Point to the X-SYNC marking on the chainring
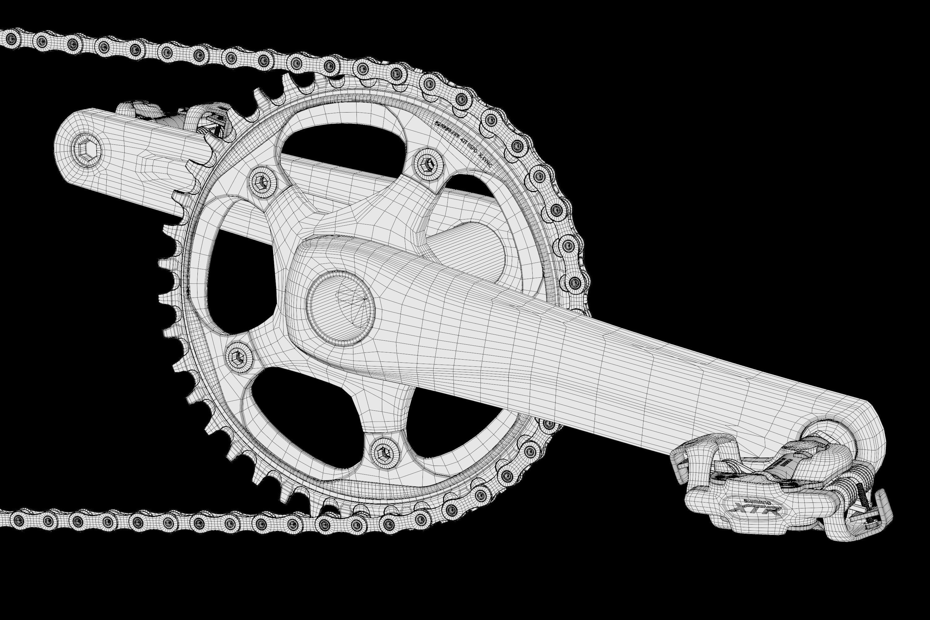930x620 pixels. [485, 161]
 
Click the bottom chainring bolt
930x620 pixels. [385, 452]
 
